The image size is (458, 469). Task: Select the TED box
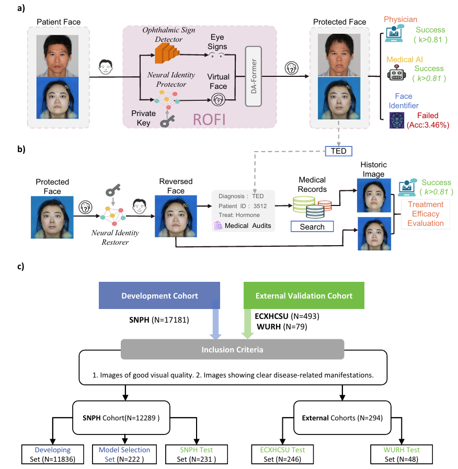tap(339, 151)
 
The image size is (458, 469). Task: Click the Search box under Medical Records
tap(312, 226)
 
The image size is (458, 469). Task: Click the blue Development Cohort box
tap(159, 295)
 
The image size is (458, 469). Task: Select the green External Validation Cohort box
tap(304, 295)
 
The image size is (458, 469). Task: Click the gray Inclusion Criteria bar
tap(232, 348)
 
